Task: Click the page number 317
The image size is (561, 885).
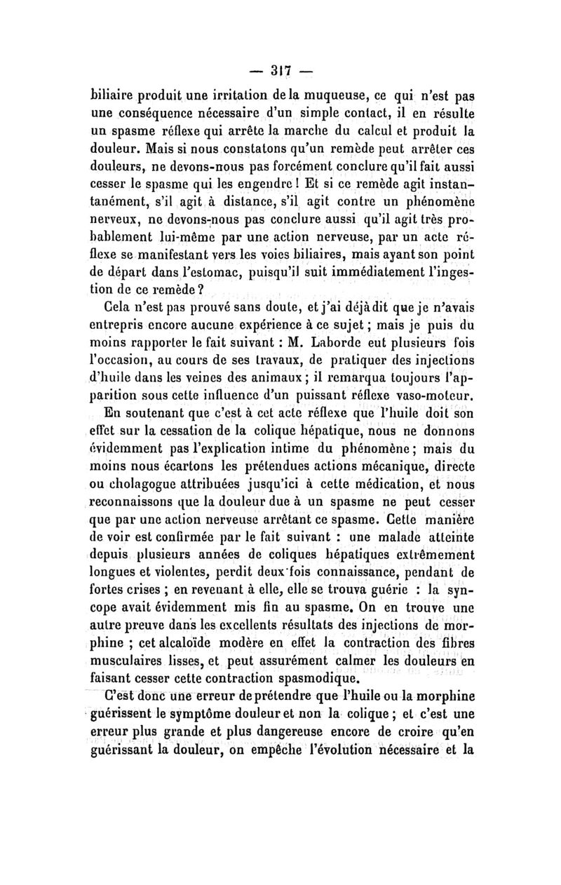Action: click(281, 71)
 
